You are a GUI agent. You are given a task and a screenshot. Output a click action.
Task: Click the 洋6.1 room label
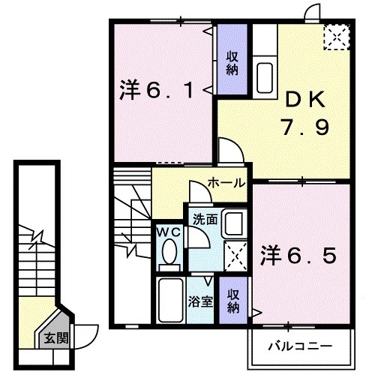pyautogui.click(x=157, y=91)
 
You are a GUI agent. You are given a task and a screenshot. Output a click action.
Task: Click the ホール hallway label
pyautogui.click(x=223, y=182)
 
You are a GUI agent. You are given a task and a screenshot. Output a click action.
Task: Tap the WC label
pyautogui.click(x=167, y=233)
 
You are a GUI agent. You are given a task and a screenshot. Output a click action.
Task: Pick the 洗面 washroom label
pyautogui.click(x=203, y=220)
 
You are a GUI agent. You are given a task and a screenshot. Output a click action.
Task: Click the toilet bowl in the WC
pyautogui.click(x=168, y=254)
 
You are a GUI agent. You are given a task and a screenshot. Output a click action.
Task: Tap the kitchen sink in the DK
pyautogui.click(x=266, y=76)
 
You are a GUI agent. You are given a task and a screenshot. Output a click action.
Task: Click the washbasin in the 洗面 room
pyautogui.click(x=233, y=225)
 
